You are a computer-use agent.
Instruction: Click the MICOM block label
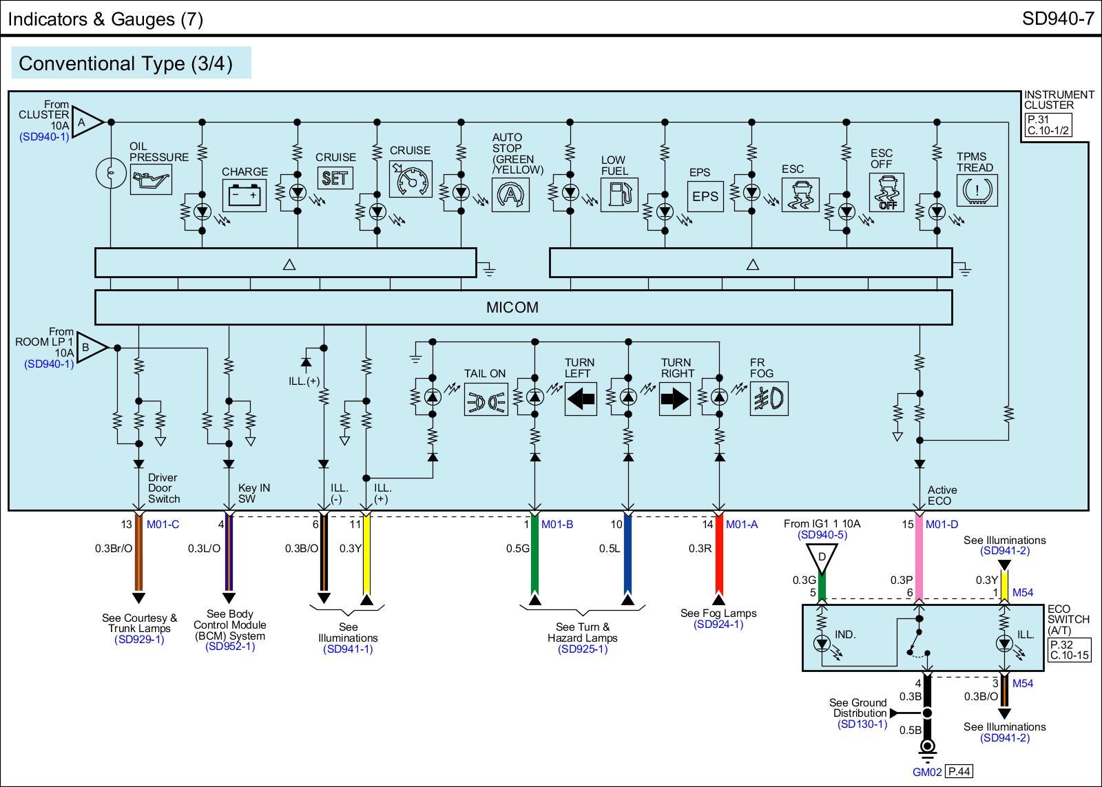pyautogui.click(x=512, y=308)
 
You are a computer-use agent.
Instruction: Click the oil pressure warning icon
pyautogui.click(x=151, y=179)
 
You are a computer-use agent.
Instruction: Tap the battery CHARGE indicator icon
pyautogui.click(x=244, y=195)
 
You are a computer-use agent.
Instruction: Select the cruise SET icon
pyautogui.click(x=335, y=178)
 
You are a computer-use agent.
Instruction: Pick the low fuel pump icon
pyautogui.click(x=619, y=195)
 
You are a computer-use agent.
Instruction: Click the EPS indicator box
pyautogui.click(x=705, y=196)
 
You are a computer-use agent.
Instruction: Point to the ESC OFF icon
pyautogui.click(x=886, y=192)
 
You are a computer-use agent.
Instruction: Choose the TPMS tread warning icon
pyautogui.click(x=977, y=190)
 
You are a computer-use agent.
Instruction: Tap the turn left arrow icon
pyautogui.click(x=581, y=399)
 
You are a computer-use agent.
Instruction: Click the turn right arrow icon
pyautogui.click(x=674, y=399)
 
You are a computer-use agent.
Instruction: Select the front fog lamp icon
pyautogui.click(x=769, y=399)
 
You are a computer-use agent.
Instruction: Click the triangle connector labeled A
pyautogui.click(x=85, y=123)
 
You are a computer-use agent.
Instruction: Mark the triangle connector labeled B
pyautogui.click(x=90, y=347)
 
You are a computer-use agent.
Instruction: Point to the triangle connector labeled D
pyautogui.click(x=822, y=557)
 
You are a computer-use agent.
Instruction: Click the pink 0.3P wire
pyautogui.click(x=919, y=558)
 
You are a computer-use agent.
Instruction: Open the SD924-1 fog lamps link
pyautogui.click(x=718, y=625)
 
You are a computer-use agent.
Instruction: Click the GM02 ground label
pyautogui.click(x=926, y=772)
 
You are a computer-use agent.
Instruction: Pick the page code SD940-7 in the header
pyautogui.click(x=1057, y=19)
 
